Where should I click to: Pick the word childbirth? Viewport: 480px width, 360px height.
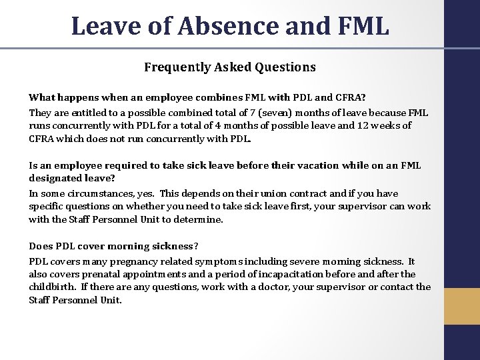(55, 287)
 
